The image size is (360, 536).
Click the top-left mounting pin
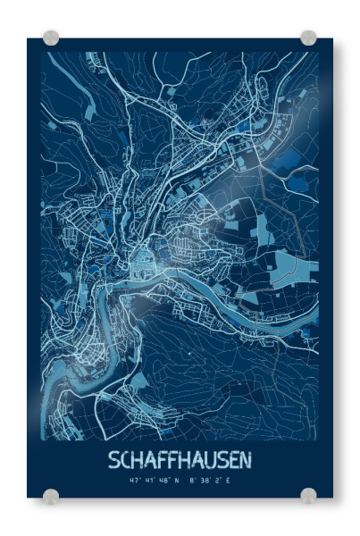coord(51,38)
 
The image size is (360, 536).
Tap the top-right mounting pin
coord(308,38)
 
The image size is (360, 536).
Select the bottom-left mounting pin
coord(51,496)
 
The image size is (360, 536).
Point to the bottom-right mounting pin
coord(308,496)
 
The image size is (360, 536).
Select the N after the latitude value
coord(176,481)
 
